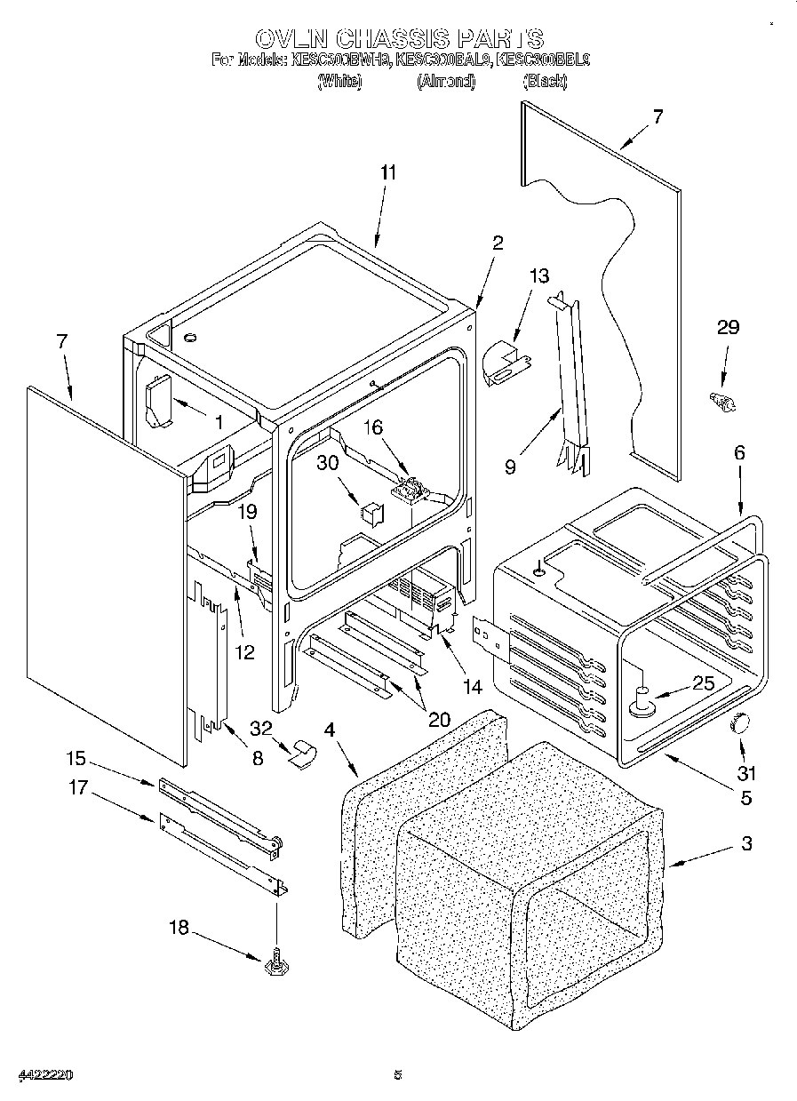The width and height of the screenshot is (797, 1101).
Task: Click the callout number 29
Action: click(727, 327)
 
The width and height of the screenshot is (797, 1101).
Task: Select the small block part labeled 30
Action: click(370, 514)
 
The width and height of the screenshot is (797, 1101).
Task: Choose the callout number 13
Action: click(538, 275)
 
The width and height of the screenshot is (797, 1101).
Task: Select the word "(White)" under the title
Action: click(339, 81)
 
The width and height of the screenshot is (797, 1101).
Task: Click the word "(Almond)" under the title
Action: click(445, 81)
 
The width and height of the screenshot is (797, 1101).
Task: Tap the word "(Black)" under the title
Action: click(545, 81)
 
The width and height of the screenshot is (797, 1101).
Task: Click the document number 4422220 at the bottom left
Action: click(44, 1075)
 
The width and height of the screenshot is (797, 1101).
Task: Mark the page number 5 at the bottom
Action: click(398, 1075)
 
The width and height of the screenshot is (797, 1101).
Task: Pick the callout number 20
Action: click(437, 719)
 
